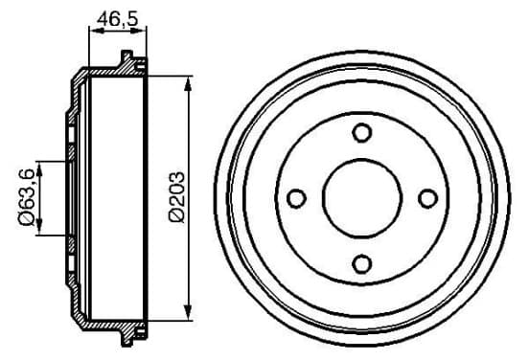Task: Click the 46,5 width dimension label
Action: (x=118, y=18)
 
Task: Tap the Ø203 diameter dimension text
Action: (x=177, y=197)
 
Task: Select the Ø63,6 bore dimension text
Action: (x=26, y=197)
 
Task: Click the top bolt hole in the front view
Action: (x=362, y=132)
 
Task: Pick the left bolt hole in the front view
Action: (x=296, y=198)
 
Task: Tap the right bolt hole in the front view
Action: (x=427, y=198)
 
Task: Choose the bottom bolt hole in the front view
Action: (x=362, y=264)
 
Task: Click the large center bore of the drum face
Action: (x=362, y=198)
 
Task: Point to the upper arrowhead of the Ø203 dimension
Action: (x=188, y=83)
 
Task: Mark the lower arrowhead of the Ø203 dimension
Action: (x=188, y=312)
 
